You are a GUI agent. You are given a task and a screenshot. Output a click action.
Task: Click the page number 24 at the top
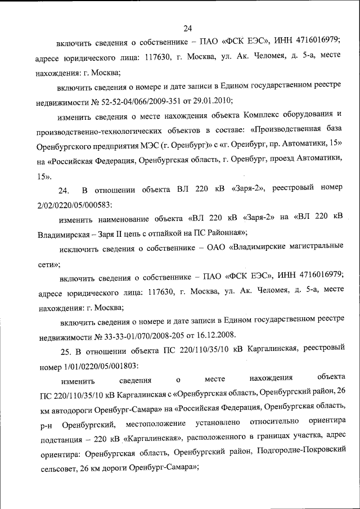click(187, 28)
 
